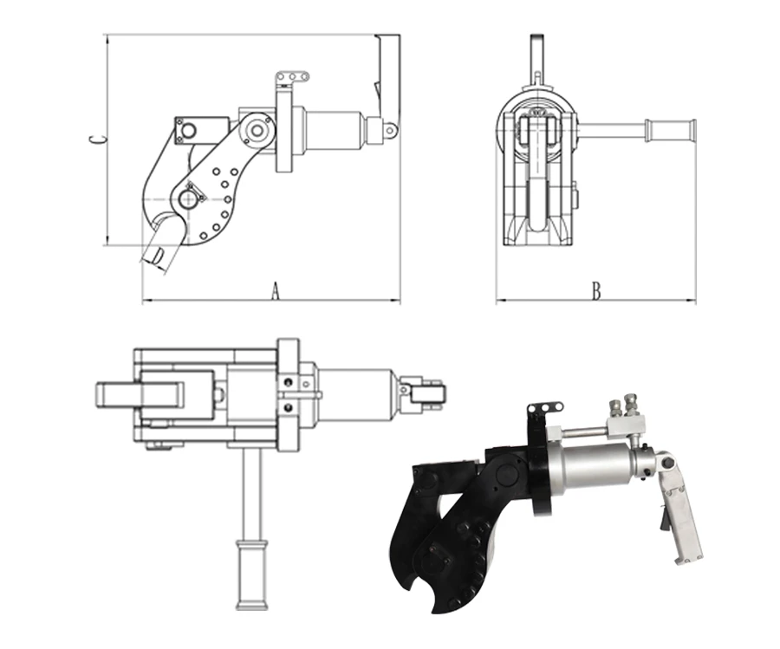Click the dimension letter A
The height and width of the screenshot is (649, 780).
pyautogui.click(x=275, y=291)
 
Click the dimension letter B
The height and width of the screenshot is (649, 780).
pyautogui.click(x=596, y=291)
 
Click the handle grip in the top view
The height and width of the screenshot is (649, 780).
pyautogui.click(x=253, y=574)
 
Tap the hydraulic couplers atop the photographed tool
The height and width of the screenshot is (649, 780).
pyautogui.click(x=625, y=406)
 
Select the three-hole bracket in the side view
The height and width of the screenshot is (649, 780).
pyautogui.click(x=292, y=78)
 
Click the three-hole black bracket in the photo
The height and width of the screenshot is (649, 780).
pyautogui.click(x=545, y=409)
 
